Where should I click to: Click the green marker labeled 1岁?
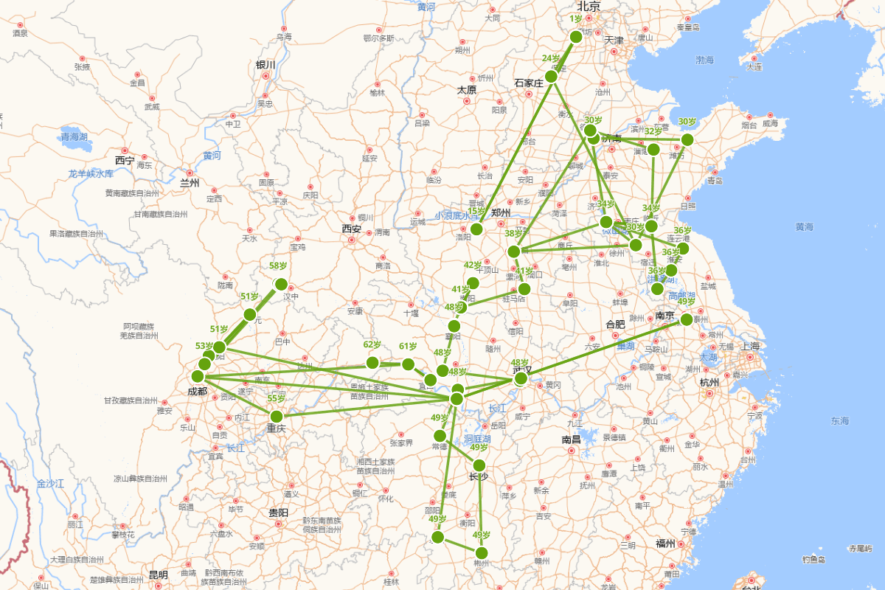(577, 38)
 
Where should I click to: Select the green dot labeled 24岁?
(551, 77)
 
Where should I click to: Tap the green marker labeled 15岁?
(476, 229)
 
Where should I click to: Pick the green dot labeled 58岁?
(281, 284)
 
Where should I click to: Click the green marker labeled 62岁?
(372, 362)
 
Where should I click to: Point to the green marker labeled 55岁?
(277, 416)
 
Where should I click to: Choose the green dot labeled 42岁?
(473, 283)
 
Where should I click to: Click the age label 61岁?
(408, 346)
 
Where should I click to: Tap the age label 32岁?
(653, 131)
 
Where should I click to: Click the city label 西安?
(351, 229)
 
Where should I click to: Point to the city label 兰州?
(190, 182)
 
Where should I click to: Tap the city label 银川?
(265, 65)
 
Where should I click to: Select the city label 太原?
(466, 90)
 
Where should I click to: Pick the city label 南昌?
(571, 440)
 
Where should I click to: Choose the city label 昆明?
(158, 575)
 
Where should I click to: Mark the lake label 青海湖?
(74, 137)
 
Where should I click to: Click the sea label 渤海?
(704, 60)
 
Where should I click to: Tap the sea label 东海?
(839, 421)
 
